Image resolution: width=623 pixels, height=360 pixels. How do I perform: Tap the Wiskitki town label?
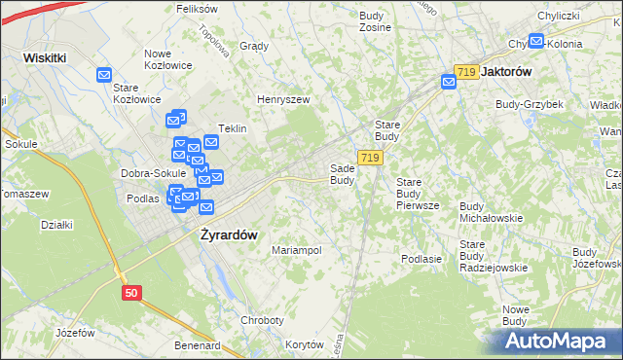[x=45, y=57]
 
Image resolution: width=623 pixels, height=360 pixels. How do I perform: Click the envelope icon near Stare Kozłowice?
[x=104, y=74]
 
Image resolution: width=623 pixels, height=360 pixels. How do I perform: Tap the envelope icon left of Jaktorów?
[x=449, y=83]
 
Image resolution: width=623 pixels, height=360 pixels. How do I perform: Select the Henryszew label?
[x=282, y=99]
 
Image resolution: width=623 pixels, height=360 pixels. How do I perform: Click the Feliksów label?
[x=196, y=8]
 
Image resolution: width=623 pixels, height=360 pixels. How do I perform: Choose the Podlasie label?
[x=421, y=259]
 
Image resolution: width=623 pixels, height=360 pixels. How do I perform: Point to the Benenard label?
[x=197, y=345]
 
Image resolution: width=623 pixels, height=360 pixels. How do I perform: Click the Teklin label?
[x=232, y=128]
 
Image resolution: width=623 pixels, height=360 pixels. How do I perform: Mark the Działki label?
[x=56, y=225]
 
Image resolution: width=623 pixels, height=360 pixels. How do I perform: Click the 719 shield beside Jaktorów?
[x=466, y=72]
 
